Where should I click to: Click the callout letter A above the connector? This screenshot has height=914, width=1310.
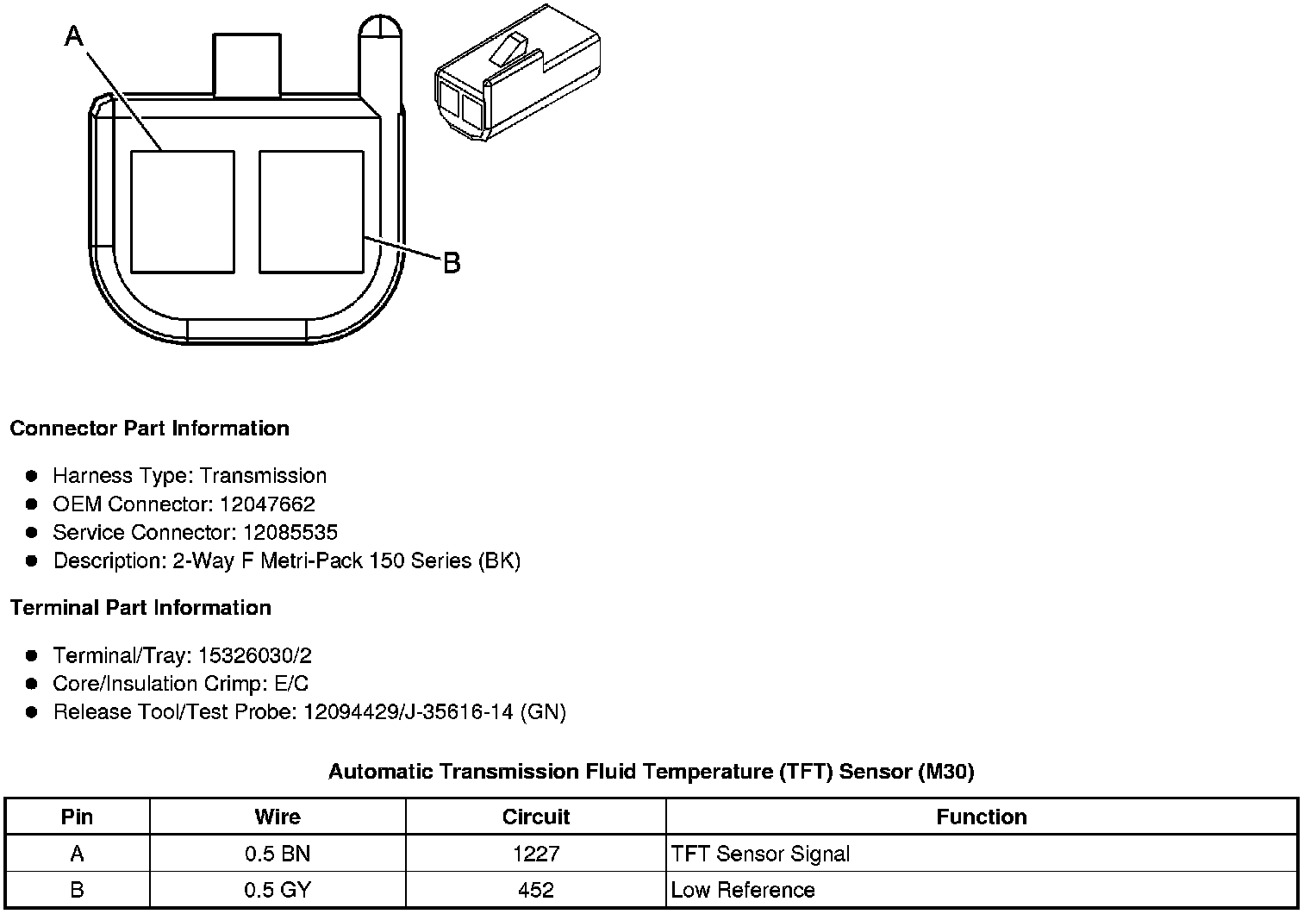point(74,36)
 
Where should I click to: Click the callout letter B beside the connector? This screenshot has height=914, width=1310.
point(452,263)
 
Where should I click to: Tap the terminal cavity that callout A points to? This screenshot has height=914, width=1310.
point(183,212)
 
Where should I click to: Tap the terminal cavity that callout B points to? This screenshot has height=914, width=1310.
point(311,212)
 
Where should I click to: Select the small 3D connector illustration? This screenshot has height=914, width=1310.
point(517,73)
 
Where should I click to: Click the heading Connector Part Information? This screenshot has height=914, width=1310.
point(150,429)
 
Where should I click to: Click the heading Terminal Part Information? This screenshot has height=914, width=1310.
point(141,607)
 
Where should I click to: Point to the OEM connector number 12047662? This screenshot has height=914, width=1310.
point(267,504)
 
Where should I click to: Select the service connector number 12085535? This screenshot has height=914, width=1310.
point(290,532)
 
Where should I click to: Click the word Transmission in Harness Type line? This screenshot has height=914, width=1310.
point(263,476)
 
